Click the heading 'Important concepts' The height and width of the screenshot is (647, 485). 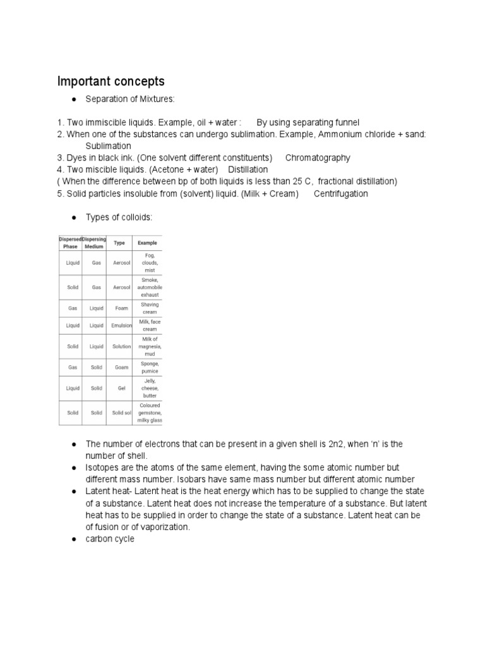point(111,82)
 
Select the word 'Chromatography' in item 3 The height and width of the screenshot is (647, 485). point(318,158)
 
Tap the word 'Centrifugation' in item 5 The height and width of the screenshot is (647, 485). point(340,193)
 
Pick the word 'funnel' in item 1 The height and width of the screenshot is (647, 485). point(345,122)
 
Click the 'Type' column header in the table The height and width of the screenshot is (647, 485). point(119,243)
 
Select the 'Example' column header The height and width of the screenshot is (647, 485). point(147,243)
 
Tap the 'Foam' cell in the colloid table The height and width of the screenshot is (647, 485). point(121,308)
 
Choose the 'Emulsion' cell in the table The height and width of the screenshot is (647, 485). point(121,325)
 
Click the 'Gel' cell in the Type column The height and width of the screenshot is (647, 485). point(121,388)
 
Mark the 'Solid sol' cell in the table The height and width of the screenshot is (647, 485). point(121,413)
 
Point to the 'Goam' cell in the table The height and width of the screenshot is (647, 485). point(121,367)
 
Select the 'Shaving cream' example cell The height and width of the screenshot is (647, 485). point(150,308)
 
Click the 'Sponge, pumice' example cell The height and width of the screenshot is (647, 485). point(150,367)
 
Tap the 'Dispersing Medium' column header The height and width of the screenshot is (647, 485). point(95,243)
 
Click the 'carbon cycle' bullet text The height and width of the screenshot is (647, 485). point(110,538)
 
